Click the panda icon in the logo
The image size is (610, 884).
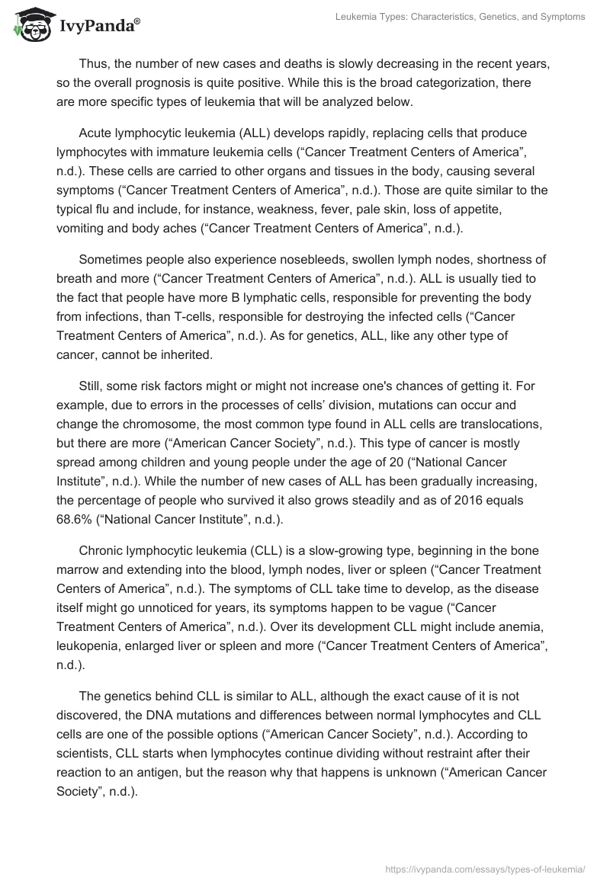click(x=30, y=25)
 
